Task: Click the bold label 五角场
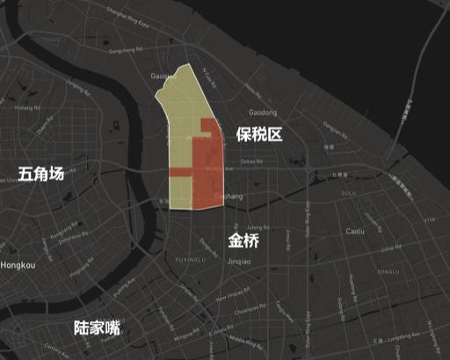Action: pyautogui.click(x=40, y=174)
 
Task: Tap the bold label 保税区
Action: pyautogui.click(x=258, y=133)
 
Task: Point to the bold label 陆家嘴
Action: pyautogui.click(x=97, y=328)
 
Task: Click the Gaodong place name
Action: pyautogui.click(x=263, y=113)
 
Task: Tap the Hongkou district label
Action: pyautogui.click(x=18, y=264)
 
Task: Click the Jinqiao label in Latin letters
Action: pyautogui.click(x=240, y=261)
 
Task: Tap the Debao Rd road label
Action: pyautogui.click(x=251, y=161)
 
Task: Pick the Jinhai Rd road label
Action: pyautogui.click(x=388, y=249)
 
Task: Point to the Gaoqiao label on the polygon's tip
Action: pyautogui.click(x=164, y=76)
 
